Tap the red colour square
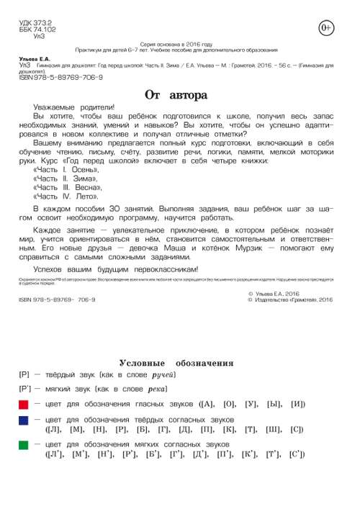click(x=24, y=405)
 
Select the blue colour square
click(x=24, y=420)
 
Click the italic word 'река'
click(x=156, y=389)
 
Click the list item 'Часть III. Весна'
click(x=71, y=186)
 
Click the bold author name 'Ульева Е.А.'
click(x=35, y=58)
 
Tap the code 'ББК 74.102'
click(x=35, y=30)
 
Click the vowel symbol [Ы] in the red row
click(x=275, y=405)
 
